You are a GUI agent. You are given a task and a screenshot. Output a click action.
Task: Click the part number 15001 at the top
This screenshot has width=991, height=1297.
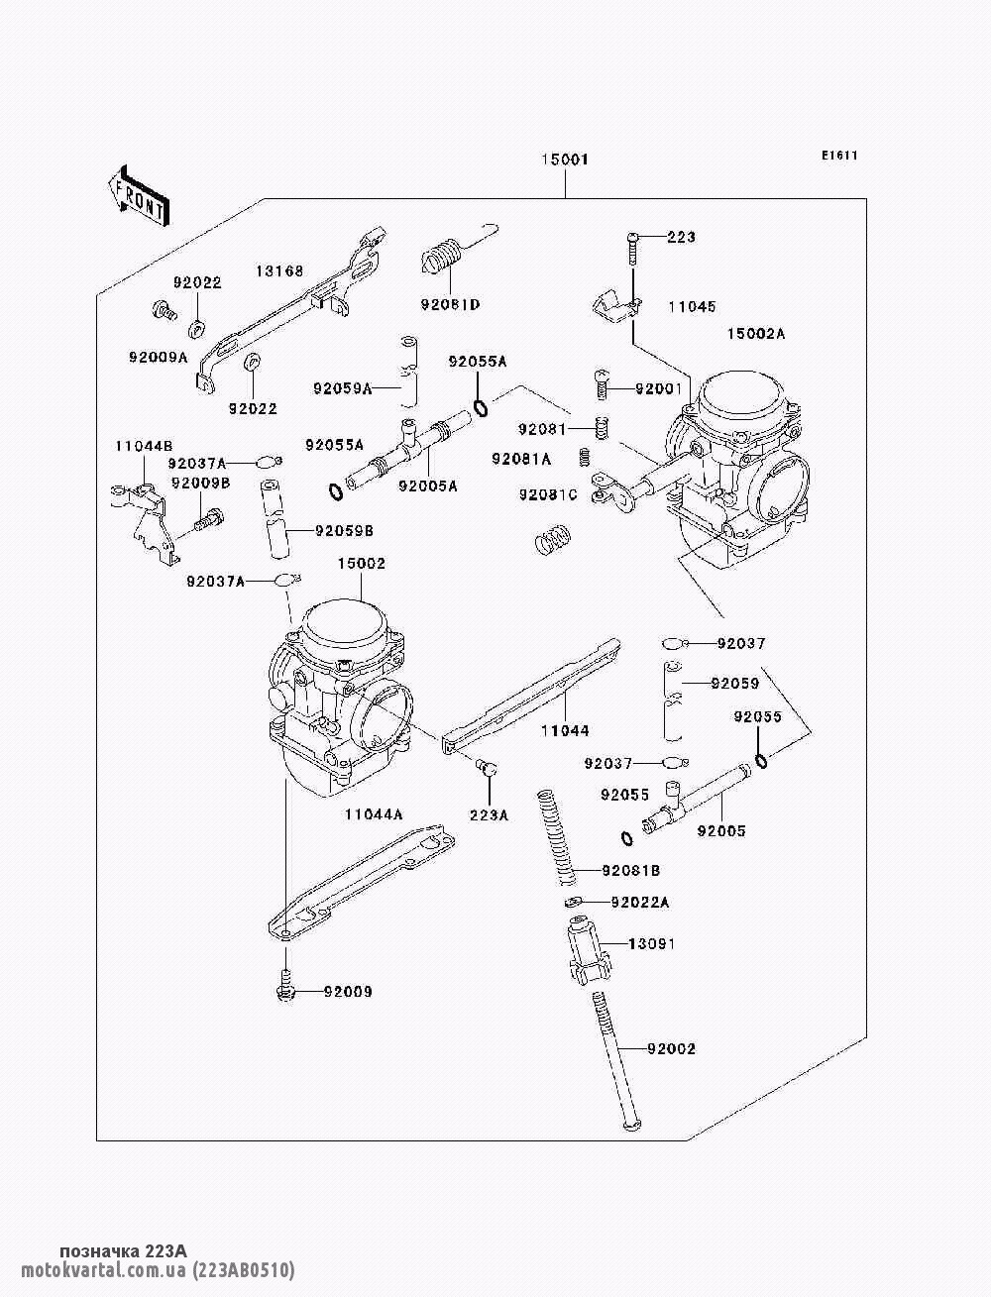click(x=564, y=160)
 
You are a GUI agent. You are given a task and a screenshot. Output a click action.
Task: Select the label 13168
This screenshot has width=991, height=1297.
click(x=279, y=270)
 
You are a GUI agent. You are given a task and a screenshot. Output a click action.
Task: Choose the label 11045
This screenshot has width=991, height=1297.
click(x=691, y=307)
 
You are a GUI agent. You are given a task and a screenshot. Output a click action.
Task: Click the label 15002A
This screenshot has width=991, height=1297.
click(x=755, y=334)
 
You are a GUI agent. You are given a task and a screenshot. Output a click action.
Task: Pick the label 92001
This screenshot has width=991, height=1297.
click(x=658, y=389)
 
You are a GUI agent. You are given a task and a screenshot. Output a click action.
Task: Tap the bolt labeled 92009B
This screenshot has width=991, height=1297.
click(x=211, y=518)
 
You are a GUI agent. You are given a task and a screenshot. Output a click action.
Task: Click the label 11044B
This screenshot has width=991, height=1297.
click(x=144, y=447)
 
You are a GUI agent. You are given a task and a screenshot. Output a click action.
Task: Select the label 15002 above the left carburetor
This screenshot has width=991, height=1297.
click(x=361, y=564)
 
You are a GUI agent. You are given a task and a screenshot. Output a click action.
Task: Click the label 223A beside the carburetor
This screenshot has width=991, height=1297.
click(x=489, y=814)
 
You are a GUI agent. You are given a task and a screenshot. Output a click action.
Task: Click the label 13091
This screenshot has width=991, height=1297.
click(x=651, y=943)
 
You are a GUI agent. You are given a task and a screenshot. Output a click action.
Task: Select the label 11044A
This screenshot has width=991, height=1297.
click(x=374, y=814)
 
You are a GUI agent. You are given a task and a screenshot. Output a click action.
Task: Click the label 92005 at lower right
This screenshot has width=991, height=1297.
click(x=720, y=831)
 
